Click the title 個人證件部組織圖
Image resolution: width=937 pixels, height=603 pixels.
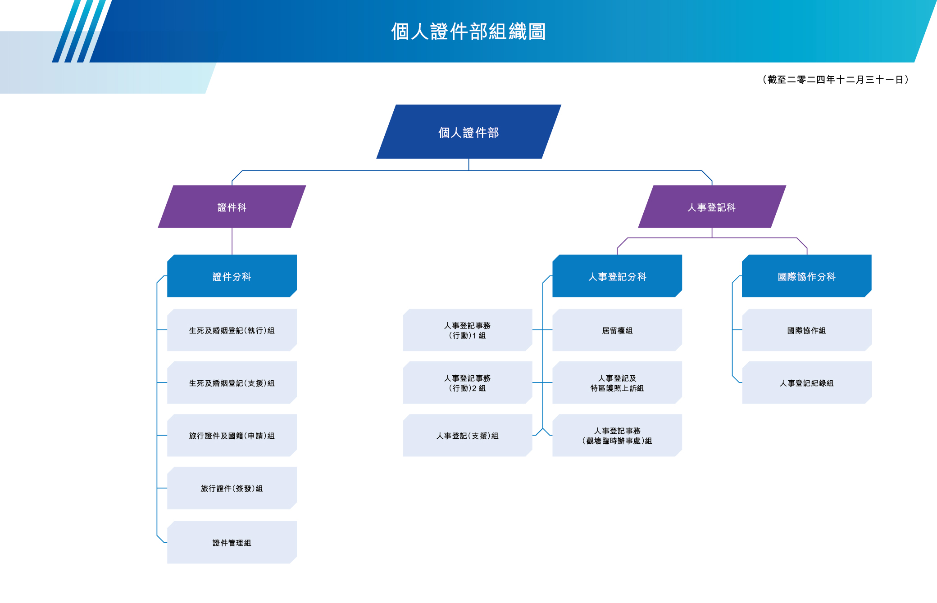point(468,31)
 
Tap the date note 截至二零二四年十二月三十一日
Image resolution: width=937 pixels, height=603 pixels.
point(836,80)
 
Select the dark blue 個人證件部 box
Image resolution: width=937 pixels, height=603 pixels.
point(468,132)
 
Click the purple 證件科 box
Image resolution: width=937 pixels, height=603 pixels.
point(232,207)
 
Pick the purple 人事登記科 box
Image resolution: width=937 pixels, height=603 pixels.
point(712,207)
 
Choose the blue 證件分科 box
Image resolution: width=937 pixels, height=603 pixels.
point(232,276)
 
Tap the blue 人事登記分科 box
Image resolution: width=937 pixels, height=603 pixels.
point(617,276)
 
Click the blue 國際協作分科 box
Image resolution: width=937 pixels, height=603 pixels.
point(806,276)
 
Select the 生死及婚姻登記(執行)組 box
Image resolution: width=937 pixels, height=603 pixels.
point(232,330)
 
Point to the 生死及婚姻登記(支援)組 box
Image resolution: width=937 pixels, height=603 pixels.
point(232,383)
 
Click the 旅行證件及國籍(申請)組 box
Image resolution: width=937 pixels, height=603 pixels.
point(232,436)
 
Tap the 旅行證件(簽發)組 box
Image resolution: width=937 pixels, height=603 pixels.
point(232,488)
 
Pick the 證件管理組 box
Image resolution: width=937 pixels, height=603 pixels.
point(232,543)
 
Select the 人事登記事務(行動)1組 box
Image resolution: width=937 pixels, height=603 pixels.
point(467,330)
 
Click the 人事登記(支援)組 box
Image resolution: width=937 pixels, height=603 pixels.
point(467,436)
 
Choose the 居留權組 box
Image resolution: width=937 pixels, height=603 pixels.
point(617,330)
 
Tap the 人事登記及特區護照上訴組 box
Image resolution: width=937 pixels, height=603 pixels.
point(617,383)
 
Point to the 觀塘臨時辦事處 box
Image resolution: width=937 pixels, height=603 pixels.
point(617,436)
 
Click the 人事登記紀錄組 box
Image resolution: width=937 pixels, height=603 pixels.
point(806,383)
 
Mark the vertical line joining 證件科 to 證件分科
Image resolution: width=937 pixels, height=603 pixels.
point(232,241)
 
